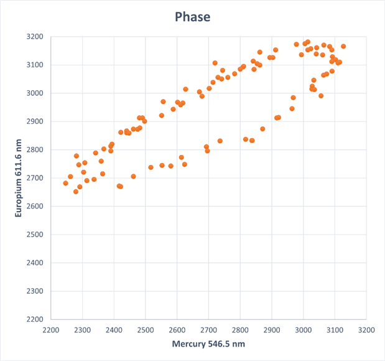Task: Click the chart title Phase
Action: tap(193, 17)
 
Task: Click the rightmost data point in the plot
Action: tap(343, 47)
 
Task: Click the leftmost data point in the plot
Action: tap(65, 183)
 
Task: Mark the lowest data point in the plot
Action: tap(76, 192)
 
